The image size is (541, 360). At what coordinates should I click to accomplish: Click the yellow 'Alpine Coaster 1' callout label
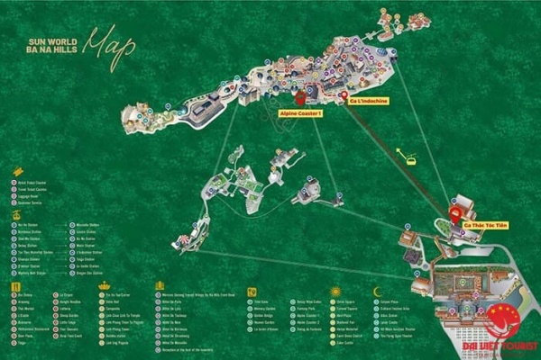pyautogui.click(x=300, y=114)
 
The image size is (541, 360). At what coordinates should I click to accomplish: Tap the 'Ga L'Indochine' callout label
pyautogui.click(x=368, y=101)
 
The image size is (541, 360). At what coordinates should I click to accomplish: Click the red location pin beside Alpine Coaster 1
pyautogui.click(x=300, y=97)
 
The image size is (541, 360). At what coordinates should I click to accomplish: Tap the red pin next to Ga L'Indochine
pyautogui.click(x=343, y=94)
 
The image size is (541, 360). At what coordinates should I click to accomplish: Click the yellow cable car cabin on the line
pyautogui.click(x=409, y=161)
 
